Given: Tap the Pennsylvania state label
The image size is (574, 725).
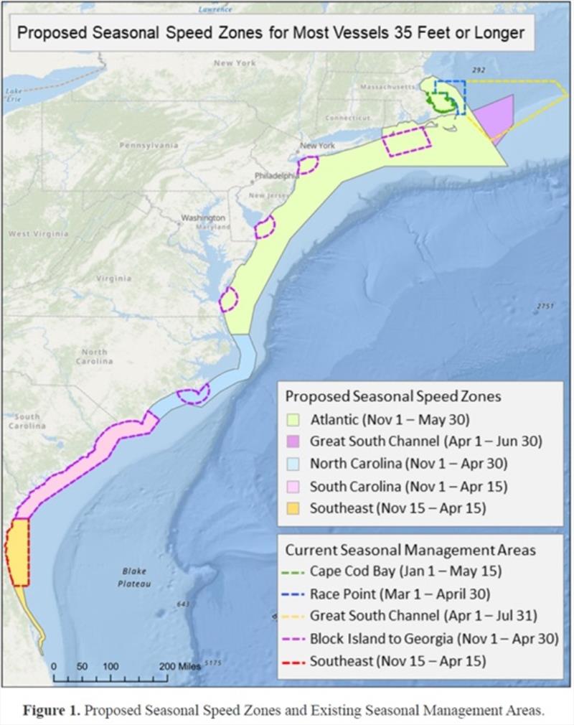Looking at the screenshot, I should pos(149,145).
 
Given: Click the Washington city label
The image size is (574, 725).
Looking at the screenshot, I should pos(203,217).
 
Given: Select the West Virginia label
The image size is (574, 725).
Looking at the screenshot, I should pos(38,234).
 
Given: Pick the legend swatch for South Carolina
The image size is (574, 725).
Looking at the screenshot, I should pos(296,486).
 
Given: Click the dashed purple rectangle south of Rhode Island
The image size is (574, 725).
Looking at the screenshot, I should pos(407,140).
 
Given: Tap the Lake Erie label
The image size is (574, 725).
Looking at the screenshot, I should pos(14,95).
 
